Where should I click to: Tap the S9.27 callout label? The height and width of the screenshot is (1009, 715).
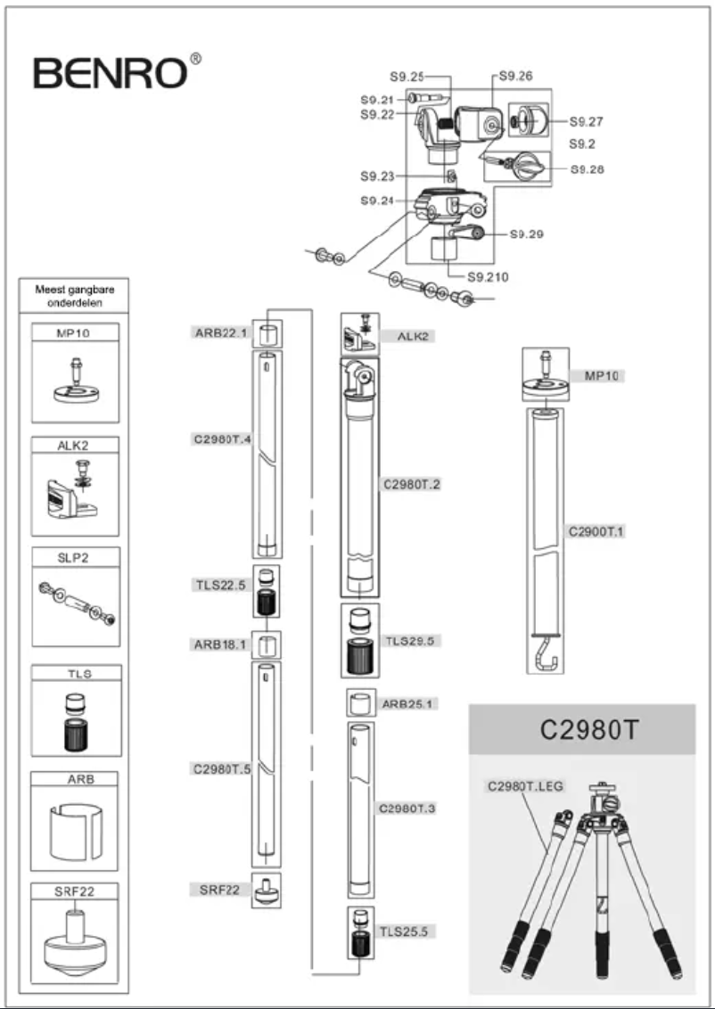587,121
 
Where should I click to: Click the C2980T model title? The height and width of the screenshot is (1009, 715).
581,729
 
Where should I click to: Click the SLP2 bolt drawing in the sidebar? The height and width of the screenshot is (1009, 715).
75,605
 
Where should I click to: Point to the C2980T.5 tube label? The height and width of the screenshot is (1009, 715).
219,768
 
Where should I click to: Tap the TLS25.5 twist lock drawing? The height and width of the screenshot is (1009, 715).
360,932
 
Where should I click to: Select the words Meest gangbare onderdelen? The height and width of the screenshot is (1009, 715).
75,296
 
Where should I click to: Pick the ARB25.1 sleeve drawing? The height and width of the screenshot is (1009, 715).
359,703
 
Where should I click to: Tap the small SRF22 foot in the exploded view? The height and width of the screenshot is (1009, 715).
266,891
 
